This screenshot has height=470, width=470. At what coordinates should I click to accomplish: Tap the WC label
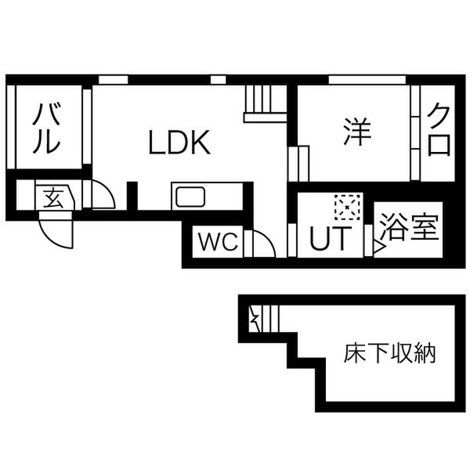(216, 242)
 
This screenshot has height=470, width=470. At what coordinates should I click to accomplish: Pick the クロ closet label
(439, 131)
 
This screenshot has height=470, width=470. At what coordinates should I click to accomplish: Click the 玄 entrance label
(53, 197)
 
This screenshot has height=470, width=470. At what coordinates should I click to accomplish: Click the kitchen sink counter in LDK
(190, 197)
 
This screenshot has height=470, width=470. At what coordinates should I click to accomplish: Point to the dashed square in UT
(345, 207)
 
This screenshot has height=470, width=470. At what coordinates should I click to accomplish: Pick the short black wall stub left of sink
(132, 196)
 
